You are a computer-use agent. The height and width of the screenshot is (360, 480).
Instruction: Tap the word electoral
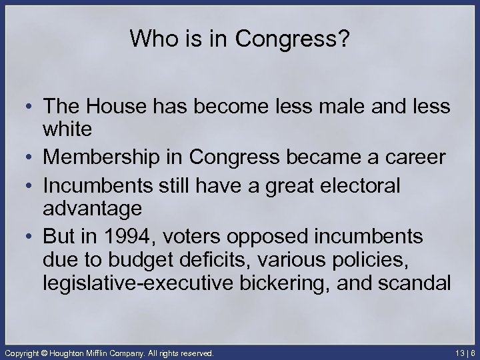tap(361, 187)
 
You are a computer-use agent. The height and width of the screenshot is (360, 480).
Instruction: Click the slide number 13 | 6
tap(464, 351)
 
